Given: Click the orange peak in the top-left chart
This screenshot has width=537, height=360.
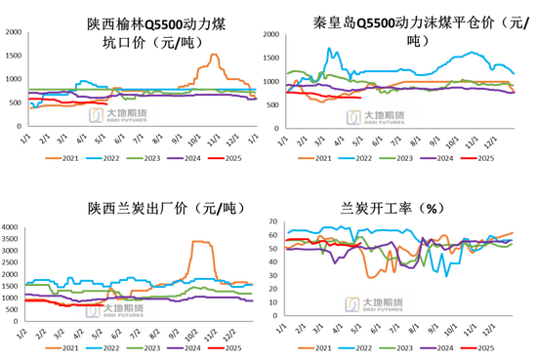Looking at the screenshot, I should click(214, 55).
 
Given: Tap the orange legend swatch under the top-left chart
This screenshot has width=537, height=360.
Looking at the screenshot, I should click(52, 157).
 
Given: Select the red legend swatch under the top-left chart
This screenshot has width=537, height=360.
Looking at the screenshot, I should click(215, 157).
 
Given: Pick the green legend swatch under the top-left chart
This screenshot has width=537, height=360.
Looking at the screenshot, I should click(134, 157).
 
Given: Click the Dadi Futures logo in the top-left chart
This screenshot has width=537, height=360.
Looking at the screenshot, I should click(121, 115).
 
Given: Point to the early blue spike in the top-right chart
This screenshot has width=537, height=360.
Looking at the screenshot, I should click(329, 51).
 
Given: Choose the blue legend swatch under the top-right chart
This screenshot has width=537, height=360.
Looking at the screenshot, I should click(346, 157).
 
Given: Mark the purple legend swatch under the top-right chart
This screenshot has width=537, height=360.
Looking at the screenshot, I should click(427, 157).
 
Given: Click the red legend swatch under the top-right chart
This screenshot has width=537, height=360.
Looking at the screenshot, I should click(468, 157).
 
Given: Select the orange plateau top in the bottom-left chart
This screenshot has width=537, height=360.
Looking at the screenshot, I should click(201, 241).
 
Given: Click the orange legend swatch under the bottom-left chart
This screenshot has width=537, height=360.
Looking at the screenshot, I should click(52, 347).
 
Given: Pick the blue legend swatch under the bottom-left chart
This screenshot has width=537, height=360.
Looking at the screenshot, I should click(94, 347).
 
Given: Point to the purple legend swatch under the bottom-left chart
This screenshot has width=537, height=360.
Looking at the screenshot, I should click(175, 347).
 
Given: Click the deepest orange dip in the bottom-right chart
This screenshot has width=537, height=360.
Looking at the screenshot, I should click(373, 276).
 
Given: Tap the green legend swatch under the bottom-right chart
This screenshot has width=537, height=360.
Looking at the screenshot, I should click(387, 347).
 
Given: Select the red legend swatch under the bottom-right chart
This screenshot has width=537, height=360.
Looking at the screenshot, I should click(468, 347).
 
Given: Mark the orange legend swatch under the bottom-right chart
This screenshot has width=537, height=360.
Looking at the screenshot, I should click(306, 347).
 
